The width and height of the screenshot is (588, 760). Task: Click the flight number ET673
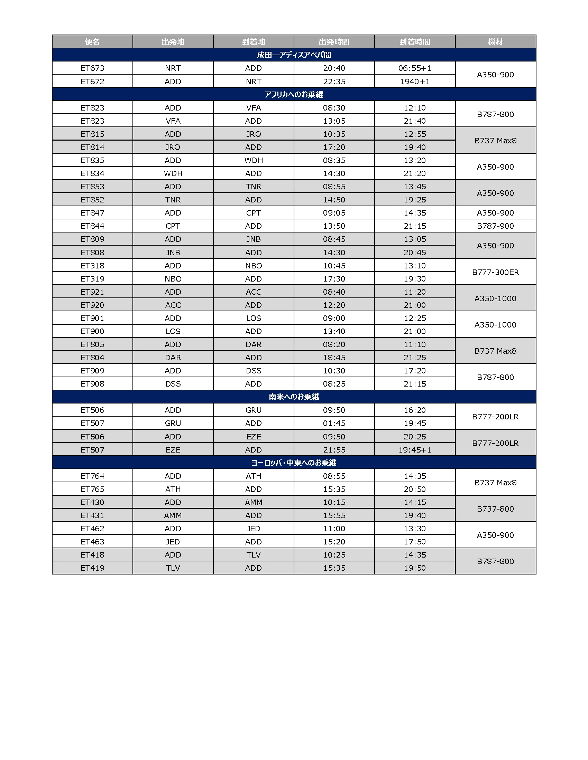coord(92,68)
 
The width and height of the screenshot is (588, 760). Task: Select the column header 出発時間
coord(334,42)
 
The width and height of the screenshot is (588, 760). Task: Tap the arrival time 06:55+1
coord(414,68)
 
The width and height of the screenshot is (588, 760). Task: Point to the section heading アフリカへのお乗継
coord(294,94)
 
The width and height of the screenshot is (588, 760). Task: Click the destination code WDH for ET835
coord(253,160)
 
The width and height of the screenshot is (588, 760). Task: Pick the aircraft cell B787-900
coord(495,226)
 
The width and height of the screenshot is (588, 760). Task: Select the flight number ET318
coord(92,266)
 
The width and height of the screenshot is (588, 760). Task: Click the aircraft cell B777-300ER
coord(495,272)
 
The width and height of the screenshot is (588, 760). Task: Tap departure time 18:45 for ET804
coord(334,358)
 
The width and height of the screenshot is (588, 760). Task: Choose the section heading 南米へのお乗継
coord(294,397)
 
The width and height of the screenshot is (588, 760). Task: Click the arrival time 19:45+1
coord(414,449)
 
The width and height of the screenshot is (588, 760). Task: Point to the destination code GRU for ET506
coord(253,410)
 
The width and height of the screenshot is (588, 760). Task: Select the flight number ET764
coord(92,476)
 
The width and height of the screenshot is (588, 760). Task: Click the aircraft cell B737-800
coord(495,509)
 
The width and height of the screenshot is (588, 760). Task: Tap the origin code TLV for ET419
coord(173,568)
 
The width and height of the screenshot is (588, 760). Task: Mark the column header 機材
coord(495,42)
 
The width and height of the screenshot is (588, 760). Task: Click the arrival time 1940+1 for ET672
coord(414,82)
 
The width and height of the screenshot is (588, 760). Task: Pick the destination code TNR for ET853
coord(253,187)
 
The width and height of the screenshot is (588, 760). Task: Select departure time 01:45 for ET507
coord(334,423)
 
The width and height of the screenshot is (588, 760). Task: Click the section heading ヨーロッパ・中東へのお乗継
coord(294,463)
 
